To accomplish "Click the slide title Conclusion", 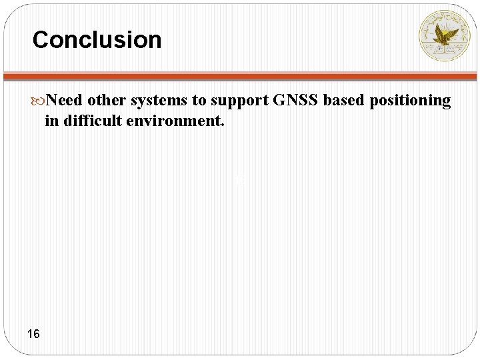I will pyautogui.click(x=97, y=40).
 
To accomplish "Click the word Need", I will pyautogui.click(x=65, y=100).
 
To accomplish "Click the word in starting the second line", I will pyautogui.click(x=51, y=121).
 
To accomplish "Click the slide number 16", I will pyautogui.click(x=33, y=333).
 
